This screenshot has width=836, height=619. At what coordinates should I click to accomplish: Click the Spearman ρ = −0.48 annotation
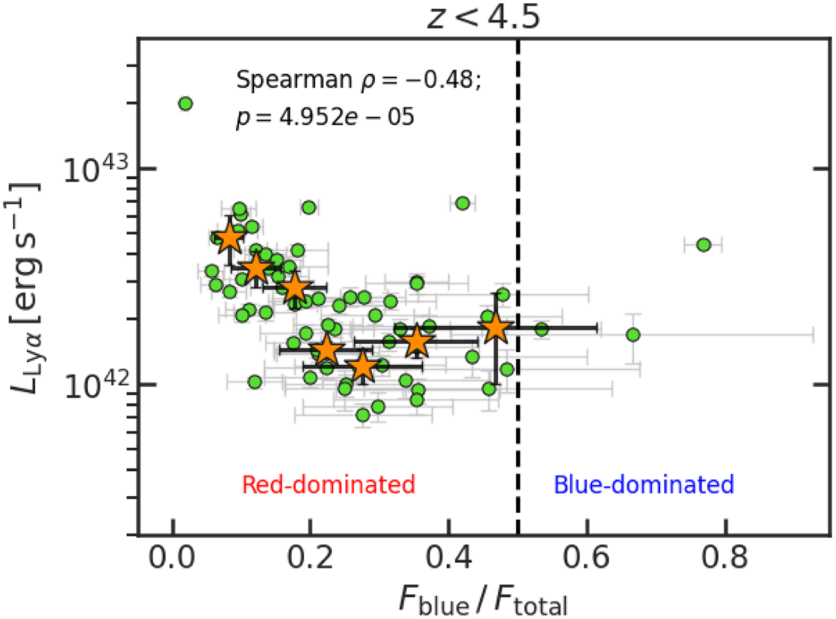click(358, 80)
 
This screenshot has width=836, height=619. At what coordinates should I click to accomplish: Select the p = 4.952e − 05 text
click(325, 117)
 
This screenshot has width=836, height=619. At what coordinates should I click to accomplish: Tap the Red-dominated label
click(329, 485)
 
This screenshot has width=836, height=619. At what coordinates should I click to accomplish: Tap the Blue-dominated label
click(644, 485)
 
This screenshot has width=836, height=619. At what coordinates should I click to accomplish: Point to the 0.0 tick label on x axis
click(172, 558)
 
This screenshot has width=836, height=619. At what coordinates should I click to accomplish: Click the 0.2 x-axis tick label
click(310, 558)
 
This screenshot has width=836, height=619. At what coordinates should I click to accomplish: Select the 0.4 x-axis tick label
click(449, 558)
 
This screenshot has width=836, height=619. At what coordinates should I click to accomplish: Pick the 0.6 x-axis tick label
click(587, 558)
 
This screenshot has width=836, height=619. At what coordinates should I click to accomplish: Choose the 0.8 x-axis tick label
click(725, 558)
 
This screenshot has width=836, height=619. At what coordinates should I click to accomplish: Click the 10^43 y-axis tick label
click(97, 171)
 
